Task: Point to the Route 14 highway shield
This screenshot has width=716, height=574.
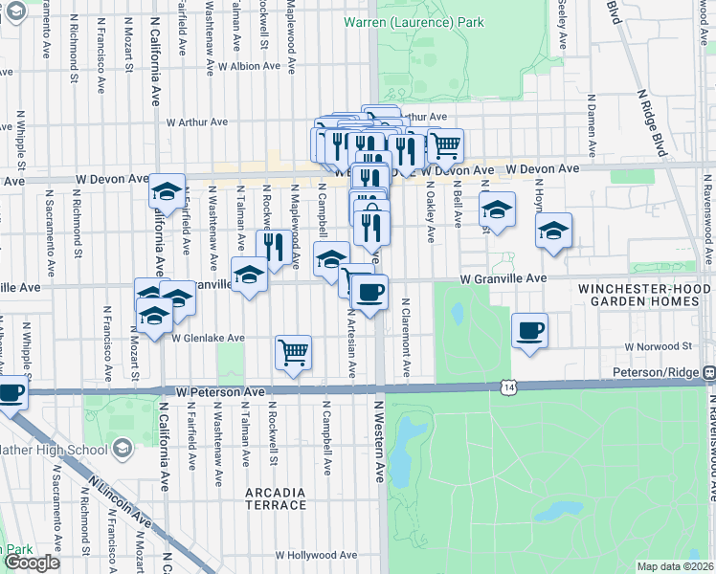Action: pos(505,385)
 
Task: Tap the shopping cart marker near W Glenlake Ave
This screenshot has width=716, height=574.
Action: pos(294,352)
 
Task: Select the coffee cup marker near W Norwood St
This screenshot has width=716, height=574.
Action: pos(529,331)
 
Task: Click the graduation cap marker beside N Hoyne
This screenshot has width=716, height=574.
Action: pos(553,231)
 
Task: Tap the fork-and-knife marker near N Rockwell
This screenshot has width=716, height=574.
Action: pos(276,247)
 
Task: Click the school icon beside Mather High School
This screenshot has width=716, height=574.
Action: pos(122,448)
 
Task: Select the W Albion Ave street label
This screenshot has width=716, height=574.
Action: pos(249,67)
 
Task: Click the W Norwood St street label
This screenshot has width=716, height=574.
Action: pos(658,345)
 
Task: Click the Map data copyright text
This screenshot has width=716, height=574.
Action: pos(674,566)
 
